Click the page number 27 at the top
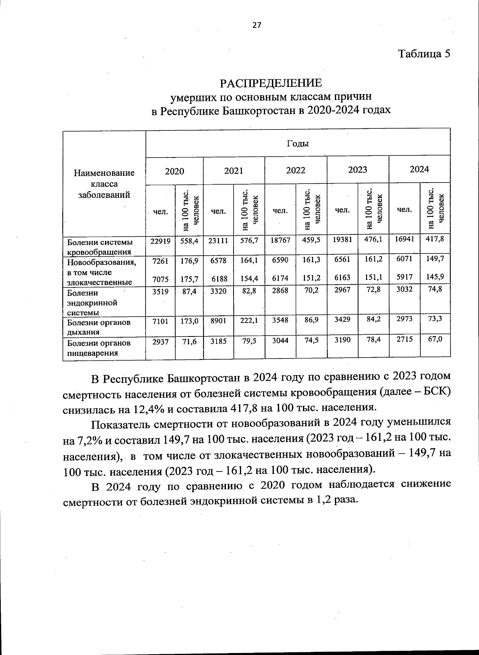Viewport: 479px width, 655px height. point(256,26)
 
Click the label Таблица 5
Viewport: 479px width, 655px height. point(424,54)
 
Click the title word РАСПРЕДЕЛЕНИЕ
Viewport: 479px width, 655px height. point(271,83)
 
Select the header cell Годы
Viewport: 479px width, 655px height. point(298,144)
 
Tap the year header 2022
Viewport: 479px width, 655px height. point(295,170)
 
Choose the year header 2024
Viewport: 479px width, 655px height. point(419,169)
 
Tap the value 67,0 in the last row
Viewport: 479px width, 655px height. point(435,339)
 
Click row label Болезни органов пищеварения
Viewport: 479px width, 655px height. point(99,348)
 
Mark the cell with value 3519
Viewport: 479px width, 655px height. point(160,291)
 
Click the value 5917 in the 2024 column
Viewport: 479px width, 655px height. point(404,276)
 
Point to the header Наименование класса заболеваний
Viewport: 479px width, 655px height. point(104,184)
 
